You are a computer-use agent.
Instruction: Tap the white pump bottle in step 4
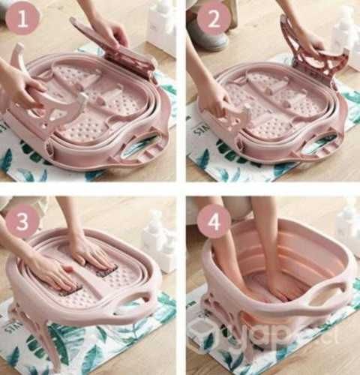[x=347, y=225]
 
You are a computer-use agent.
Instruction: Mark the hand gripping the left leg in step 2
[x=213, y=97]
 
